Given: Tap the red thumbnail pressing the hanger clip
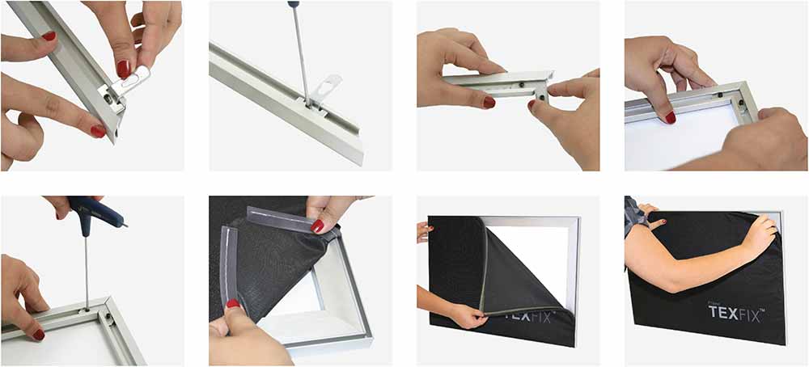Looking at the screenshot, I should (123, 69).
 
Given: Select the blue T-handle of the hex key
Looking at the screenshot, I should (95, 212).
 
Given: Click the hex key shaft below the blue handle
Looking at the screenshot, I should (86, 267).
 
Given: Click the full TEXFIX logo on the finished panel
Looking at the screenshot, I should (735, 313).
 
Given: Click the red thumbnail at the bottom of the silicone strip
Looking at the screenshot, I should (233, 305).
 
